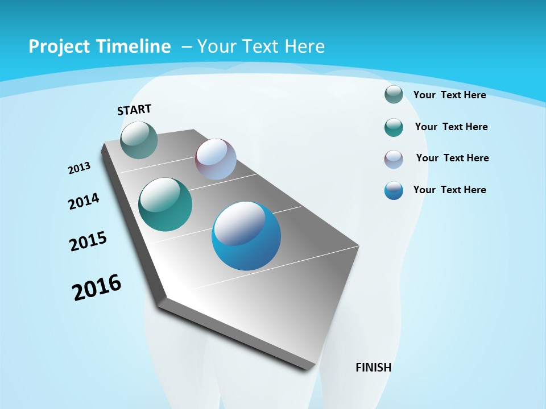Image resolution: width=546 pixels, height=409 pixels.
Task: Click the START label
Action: [x=134, y=110]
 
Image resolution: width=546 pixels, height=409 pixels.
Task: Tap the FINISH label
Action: [x=373, y=368]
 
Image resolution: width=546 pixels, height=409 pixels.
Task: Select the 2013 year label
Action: [x=79, y=168]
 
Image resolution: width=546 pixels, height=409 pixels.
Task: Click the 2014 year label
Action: [x=84, y=202]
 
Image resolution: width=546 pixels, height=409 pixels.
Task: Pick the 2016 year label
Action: [x=97, y=287]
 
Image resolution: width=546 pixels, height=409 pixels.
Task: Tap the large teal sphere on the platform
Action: [x=166, y=204]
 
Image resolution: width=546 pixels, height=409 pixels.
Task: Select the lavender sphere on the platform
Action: [x=216, y=159]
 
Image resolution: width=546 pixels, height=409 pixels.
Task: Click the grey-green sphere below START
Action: [x=139, y=140]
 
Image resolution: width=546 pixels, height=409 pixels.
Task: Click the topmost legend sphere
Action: [x=394, y=94]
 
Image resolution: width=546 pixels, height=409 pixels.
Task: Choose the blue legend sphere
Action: [x=394, y=190]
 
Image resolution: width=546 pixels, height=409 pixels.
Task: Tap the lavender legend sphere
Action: [x=394, y=159]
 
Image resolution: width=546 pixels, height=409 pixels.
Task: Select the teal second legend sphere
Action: [x=394, y=127]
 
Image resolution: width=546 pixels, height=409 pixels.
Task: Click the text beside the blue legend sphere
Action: [x=449, y=190]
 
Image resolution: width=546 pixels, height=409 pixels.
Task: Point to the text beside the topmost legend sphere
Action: [x=449, y=95]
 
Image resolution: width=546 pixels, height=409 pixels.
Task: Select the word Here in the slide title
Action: [x=305, y=47]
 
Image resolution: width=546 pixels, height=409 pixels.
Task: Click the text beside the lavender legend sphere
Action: [x=452, y=158]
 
